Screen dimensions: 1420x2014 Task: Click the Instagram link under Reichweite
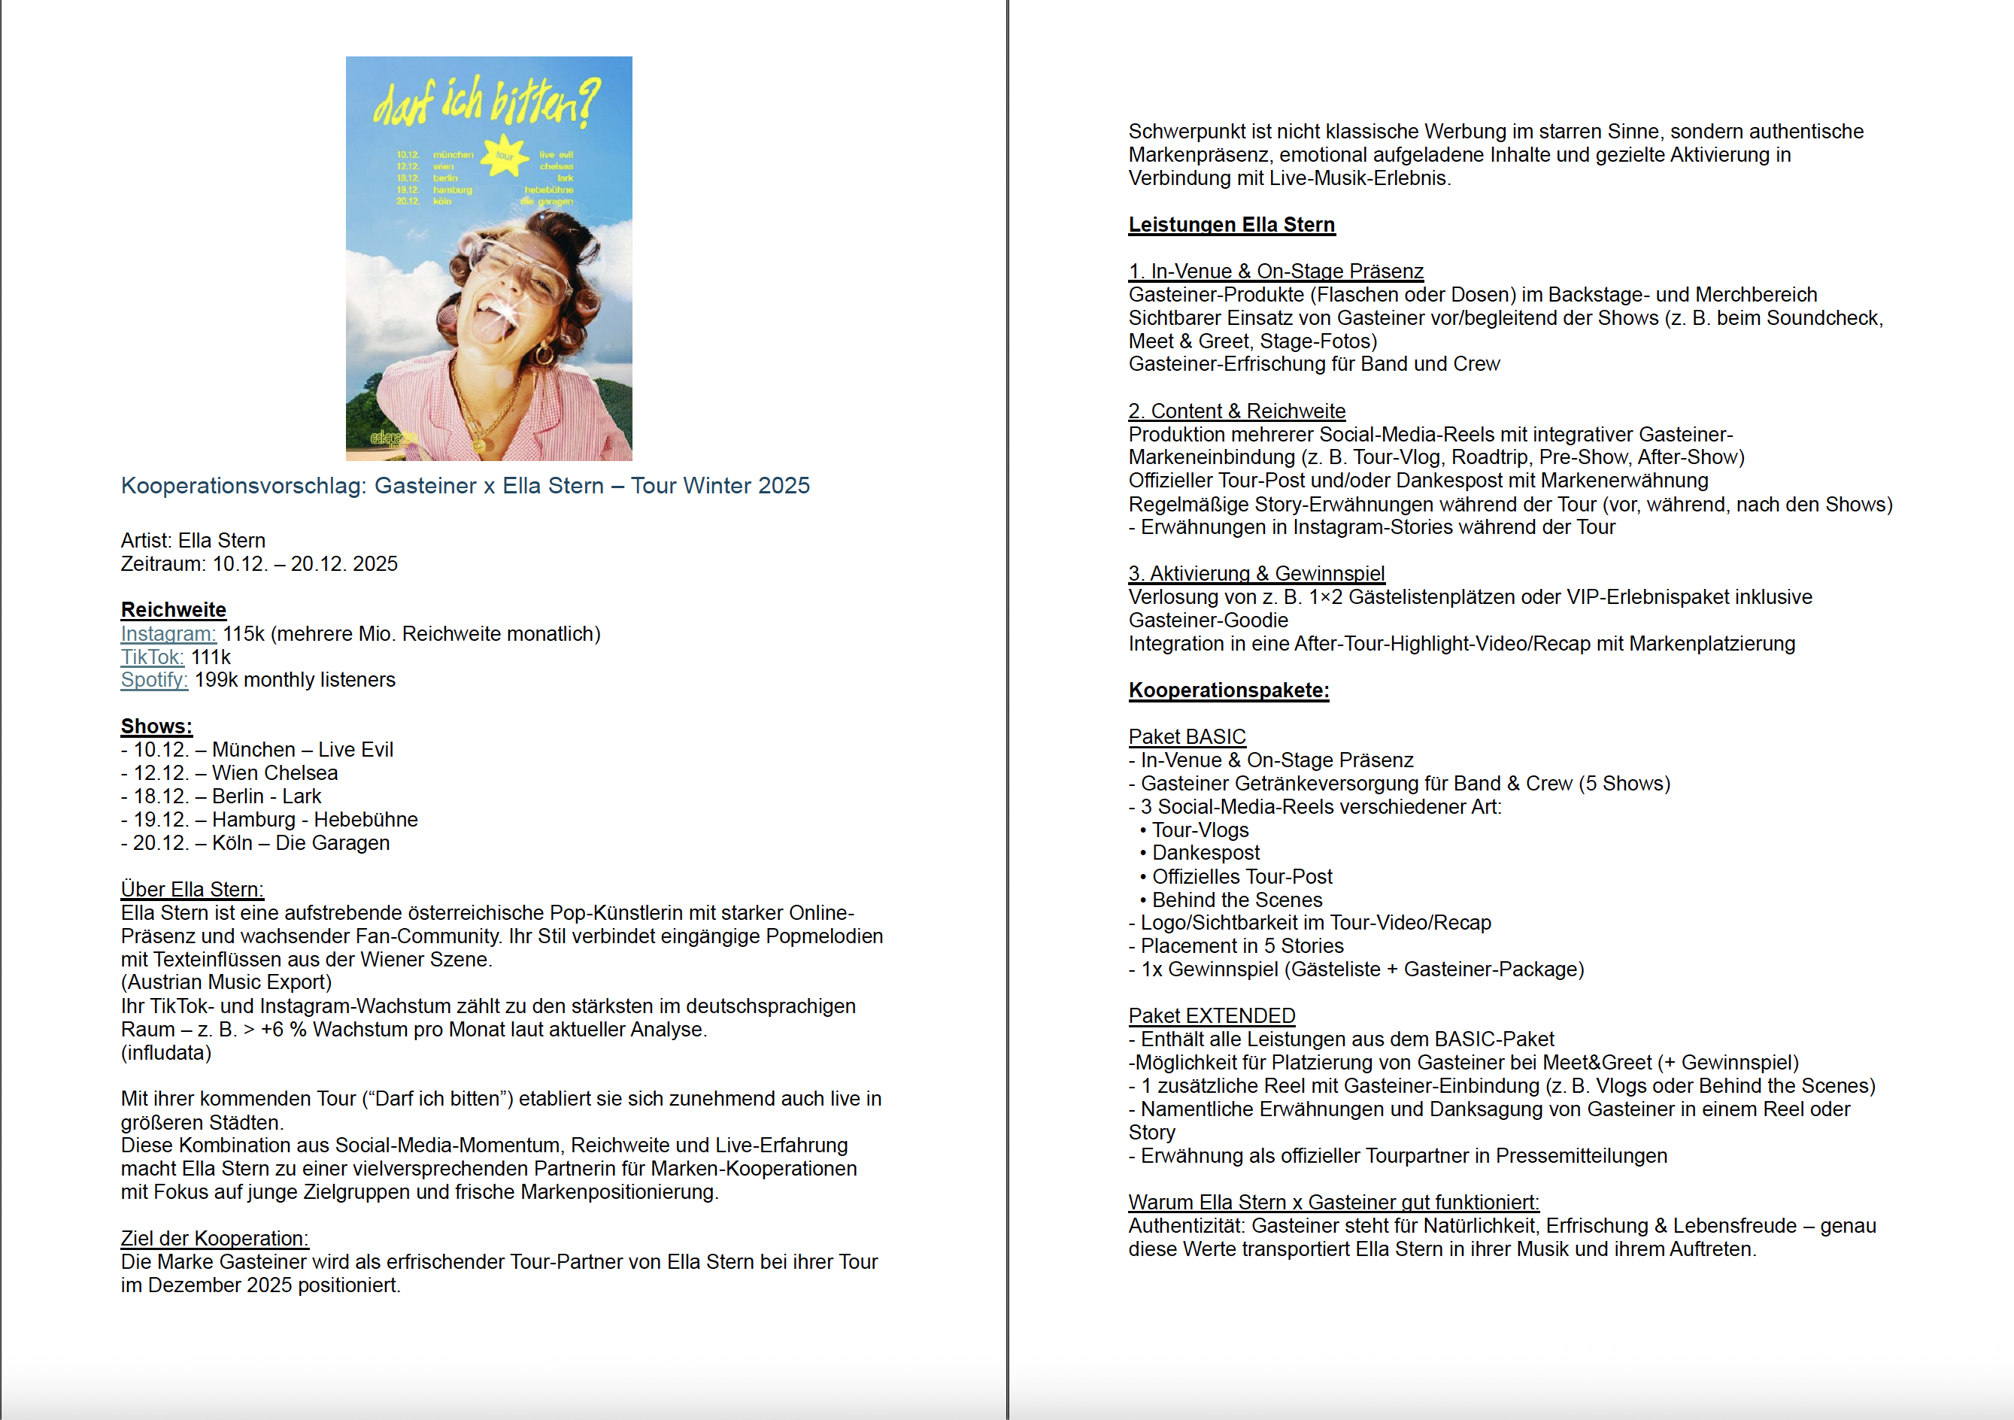pyautogui.click(x=168, y=634)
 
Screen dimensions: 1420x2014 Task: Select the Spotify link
pyautogui.click(x=153, y=681)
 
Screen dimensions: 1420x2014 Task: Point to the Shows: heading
pyautogui.click(x=156, y=727)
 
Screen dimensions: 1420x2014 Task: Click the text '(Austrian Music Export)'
pyautogui.click(x=226, y=983)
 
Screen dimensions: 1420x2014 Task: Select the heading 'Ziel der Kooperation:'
pyautogui.click(x=214, y=1239)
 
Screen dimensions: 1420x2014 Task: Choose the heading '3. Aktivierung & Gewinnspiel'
pyautogui.click(x=1256, y=575)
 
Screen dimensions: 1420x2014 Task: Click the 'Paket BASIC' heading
pyautogui.click(x=1186, y=738)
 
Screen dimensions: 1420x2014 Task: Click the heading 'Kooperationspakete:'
pyautogui.click(x=1228, y=691)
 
